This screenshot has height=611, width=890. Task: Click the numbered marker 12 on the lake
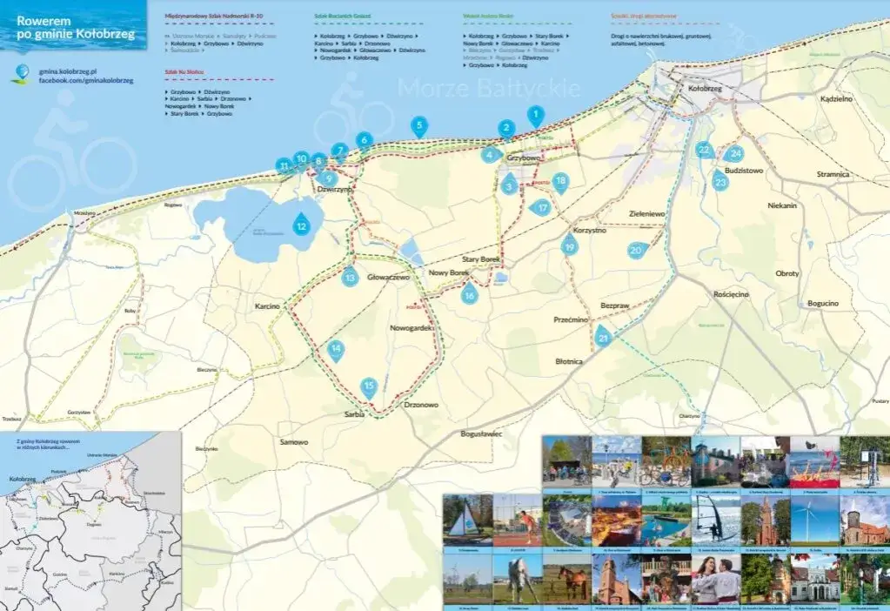point(301,225)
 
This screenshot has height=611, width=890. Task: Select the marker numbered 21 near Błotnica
point(604,337)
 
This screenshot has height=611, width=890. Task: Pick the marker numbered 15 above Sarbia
point(369,386)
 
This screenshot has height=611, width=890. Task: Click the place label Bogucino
point(822,303)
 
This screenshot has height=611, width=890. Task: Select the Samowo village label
point(294,442)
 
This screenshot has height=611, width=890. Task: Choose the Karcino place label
point(267,306)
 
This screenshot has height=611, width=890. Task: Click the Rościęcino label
point(731,294)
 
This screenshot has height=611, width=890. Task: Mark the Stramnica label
point(832,174)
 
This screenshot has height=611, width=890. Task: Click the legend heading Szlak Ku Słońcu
point(184,73)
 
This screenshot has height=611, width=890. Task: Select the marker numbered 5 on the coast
point(419,126)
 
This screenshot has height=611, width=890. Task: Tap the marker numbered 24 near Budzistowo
point(735,154)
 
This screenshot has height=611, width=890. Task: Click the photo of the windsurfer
point(716,519)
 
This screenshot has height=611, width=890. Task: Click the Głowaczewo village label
point(388,277)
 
